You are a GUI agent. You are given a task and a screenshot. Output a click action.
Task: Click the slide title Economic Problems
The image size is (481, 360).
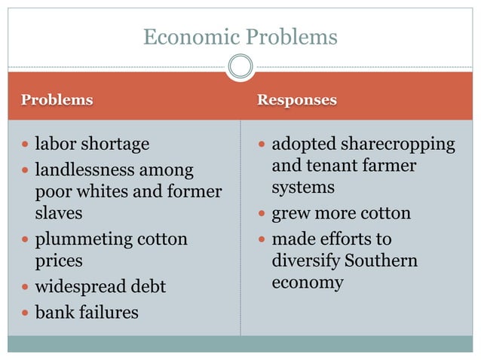tap(240, 37)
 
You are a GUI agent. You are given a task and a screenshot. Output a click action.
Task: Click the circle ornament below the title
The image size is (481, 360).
tap(240, 68)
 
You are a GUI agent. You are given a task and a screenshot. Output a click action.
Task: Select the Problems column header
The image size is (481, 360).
tap(57, 100)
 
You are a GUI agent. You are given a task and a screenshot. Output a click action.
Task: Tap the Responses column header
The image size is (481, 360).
tap(296, 100)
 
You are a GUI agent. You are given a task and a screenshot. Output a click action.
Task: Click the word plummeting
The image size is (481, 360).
tap(82, 240)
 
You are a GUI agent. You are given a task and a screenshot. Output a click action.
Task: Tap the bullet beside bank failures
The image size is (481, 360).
tap(26, 312)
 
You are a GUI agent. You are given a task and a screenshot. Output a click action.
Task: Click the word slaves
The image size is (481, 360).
tap(59, 213)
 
